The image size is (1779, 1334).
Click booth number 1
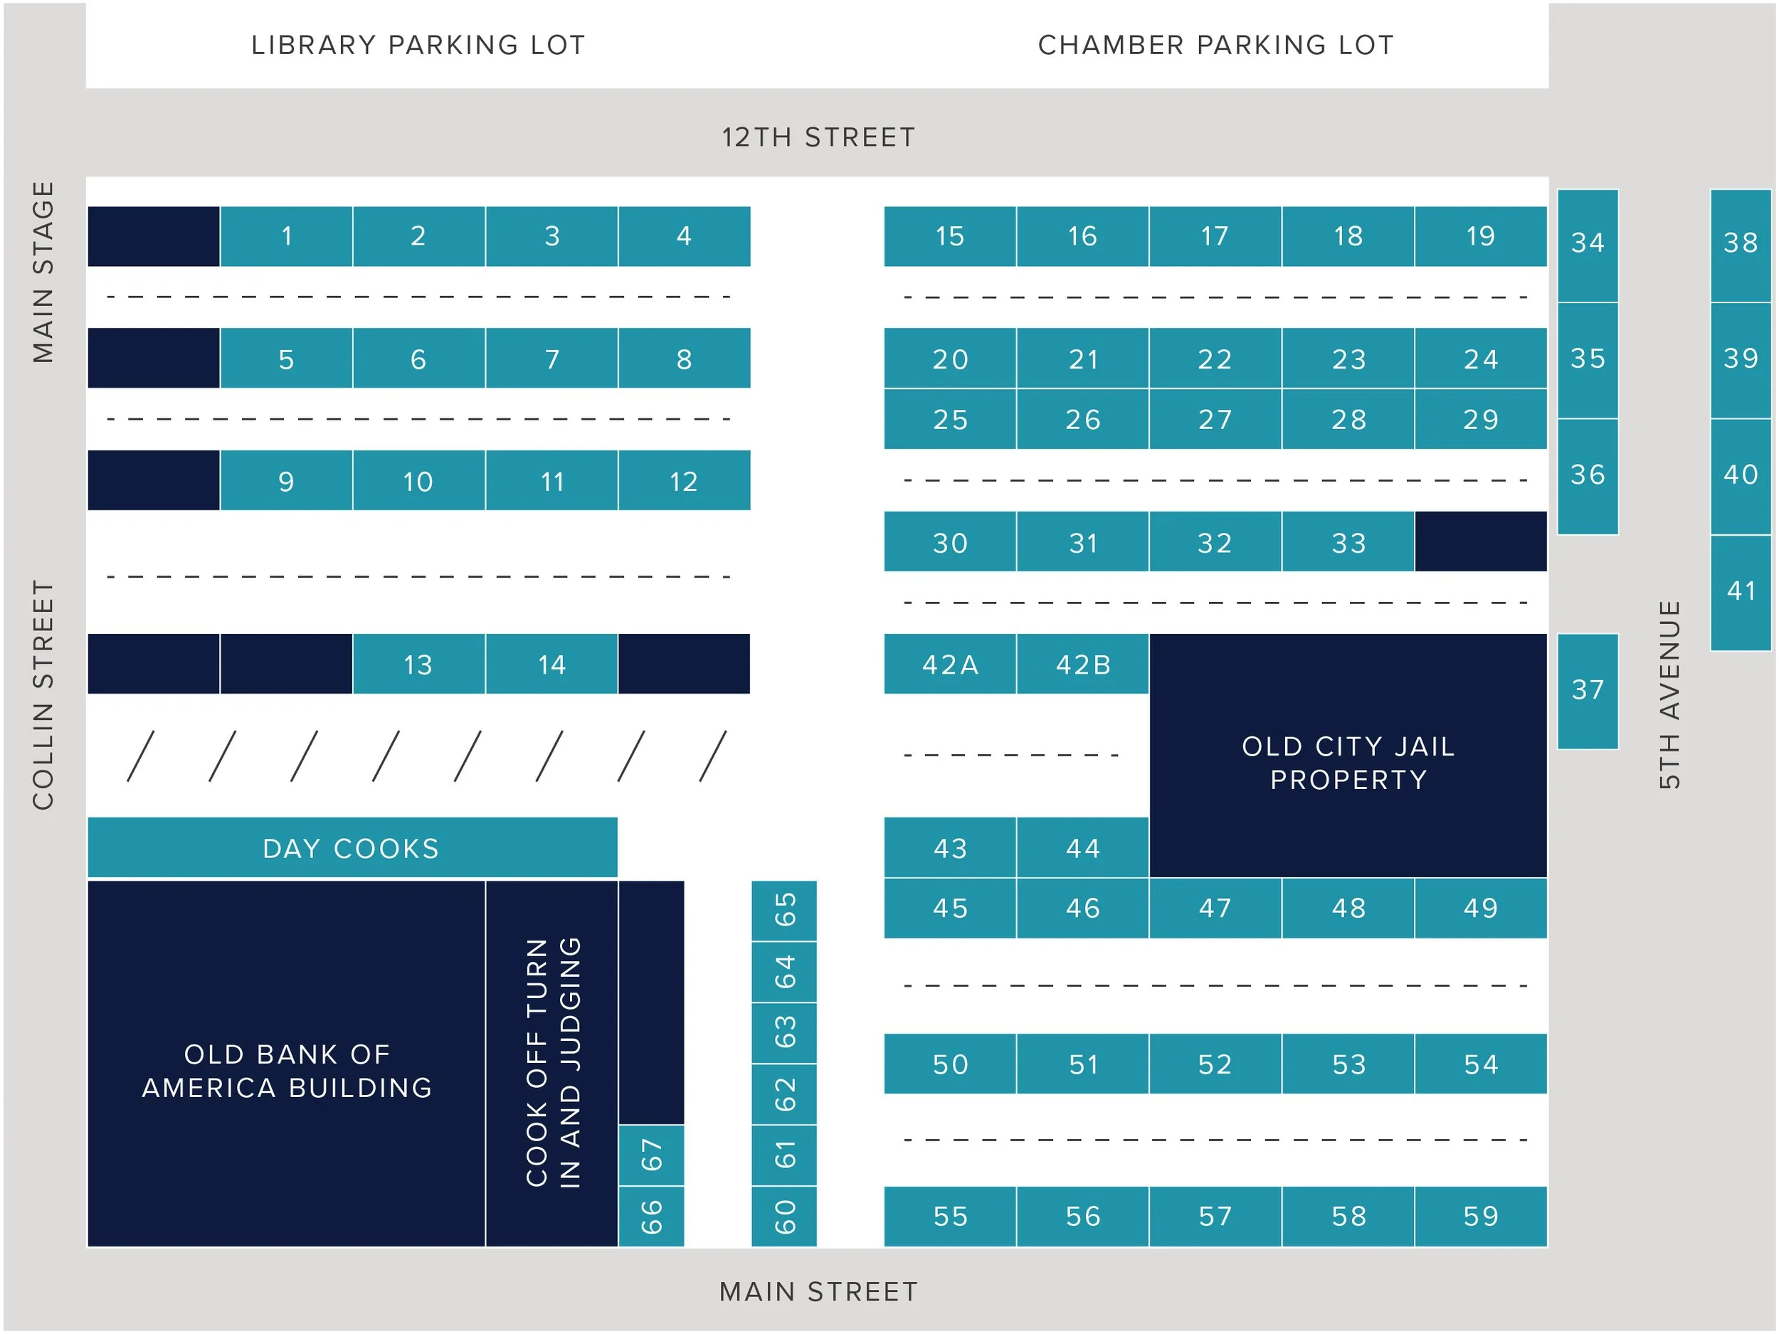click(x=286, y=236)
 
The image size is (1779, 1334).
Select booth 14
click(x=551, y=665)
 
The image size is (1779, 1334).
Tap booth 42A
click(x=950, y=665)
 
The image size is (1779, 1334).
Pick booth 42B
click(x=1082, y=665)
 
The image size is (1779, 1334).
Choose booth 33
click(x=1348, y=542)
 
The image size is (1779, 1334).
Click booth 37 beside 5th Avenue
click(x=1588, y=691)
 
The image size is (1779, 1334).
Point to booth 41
click(x=1741, y=592)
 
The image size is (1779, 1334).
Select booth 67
click(x=651, y=1155)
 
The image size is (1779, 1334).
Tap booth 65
click(x=784, y=910)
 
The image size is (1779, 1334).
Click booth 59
click(x=1481, y=1216)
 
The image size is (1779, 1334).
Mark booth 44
click(x=1082, y=847)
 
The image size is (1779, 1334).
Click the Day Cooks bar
click(x=352, y=847)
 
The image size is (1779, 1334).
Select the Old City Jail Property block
click(x=1348, y=762)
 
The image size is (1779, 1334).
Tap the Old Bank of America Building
click(x=286, y=1069)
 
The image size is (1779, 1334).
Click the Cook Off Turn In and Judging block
click(x=551, y=1063)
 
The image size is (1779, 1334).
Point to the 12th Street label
click(x=818, y=137)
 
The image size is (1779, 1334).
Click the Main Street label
click(x=818, y=1291)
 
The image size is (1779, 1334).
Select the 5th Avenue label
click(x=1669, y=694)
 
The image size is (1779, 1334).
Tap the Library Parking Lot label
click(x=418, y=45)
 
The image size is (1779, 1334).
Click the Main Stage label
click(x=43, y=272)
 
